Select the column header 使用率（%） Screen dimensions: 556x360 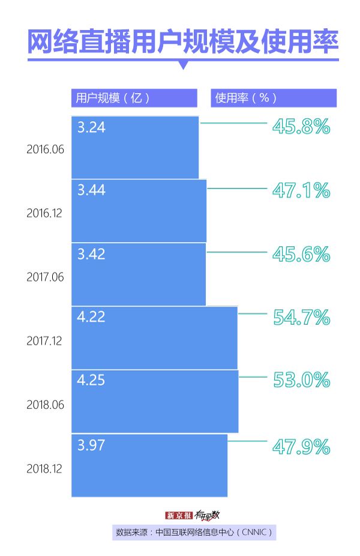tap(246, 98)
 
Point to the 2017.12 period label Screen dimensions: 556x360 tap(45, 340)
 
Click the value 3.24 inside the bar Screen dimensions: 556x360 tap(91, 127)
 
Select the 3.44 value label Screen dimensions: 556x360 tap(91, 190)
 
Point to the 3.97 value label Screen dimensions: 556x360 tap(91, 445)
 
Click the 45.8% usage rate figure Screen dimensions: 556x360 tap(301, 126)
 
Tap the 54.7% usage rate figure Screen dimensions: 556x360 tap(301, 317)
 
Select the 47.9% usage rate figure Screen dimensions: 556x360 tap(301, 447)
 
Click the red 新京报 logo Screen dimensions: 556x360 tap(178, 515)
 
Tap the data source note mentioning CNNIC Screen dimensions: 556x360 tap(194, 532)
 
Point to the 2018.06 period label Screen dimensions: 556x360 tap(45, 405)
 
